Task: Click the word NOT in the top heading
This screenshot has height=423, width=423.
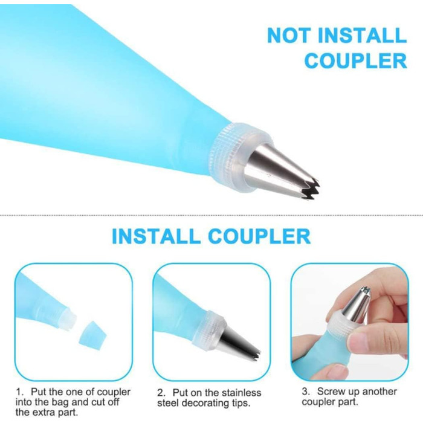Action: click(x=289, y=35)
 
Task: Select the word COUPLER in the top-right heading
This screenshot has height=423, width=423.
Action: click(x=356, y=60)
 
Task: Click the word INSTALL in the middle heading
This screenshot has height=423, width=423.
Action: click(x=156, y=236)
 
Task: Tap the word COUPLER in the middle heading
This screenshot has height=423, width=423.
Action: click(x=259, y=236)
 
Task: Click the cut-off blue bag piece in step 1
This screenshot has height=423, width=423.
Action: click(x=92, y=335)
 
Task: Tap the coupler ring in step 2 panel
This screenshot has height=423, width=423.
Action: click(x=208, y=328)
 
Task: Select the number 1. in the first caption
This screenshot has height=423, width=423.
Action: click(x=19, y=392)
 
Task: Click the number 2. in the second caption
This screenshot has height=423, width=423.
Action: click(x=161, y=393)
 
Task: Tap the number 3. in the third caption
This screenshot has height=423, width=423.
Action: click(x=306, y=392)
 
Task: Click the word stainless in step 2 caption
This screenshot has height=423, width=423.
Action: click(x=242, y=393)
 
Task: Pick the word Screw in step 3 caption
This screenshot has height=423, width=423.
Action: click(x=330, y=392)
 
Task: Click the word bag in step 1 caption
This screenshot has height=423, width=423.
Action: click(x=60, y=402)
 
